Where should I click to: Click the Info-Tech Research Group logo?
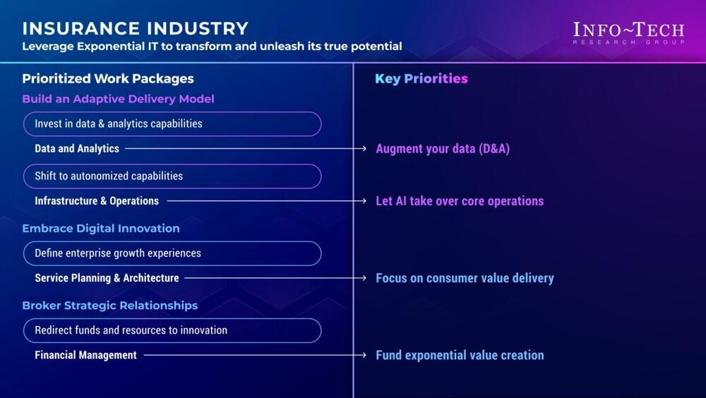[628, 33]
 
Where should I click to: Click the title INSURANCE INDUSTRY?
[135, 28]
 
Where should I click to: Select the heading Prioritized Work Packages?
[108, 78]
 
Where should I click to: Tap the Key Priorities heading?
[421, 78]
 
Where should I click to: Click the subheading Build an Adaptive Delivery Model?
[118, 99]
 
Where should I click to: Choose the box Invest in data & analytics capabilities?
[172, 124]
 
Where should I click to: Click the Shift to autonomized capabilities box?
[172, 176]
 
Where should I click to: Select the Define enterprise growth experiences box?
[172, 253]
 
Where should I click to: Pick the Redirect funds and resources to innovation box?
[172, 330]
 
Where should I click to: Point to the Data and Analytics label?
[77, 148]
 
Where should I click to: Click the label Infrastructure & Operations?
[97, 201]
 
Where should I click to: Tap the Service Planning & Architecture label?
[107, 278]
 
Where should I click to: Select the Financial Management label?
[85, 355]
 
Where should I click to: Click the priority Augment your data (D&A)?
[443, 148]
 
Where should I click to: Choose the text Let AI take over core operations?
[460, 201]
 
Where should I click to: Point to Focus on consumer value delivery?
[465, 278]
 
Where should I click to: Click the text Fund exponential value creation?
[460, 355]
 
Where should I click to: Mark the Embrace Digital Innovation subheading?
[101, 228]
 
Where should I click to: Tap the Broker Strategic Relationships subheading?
[110, 305]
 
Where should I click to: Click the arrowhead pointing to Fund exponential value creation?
[364, 355]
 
